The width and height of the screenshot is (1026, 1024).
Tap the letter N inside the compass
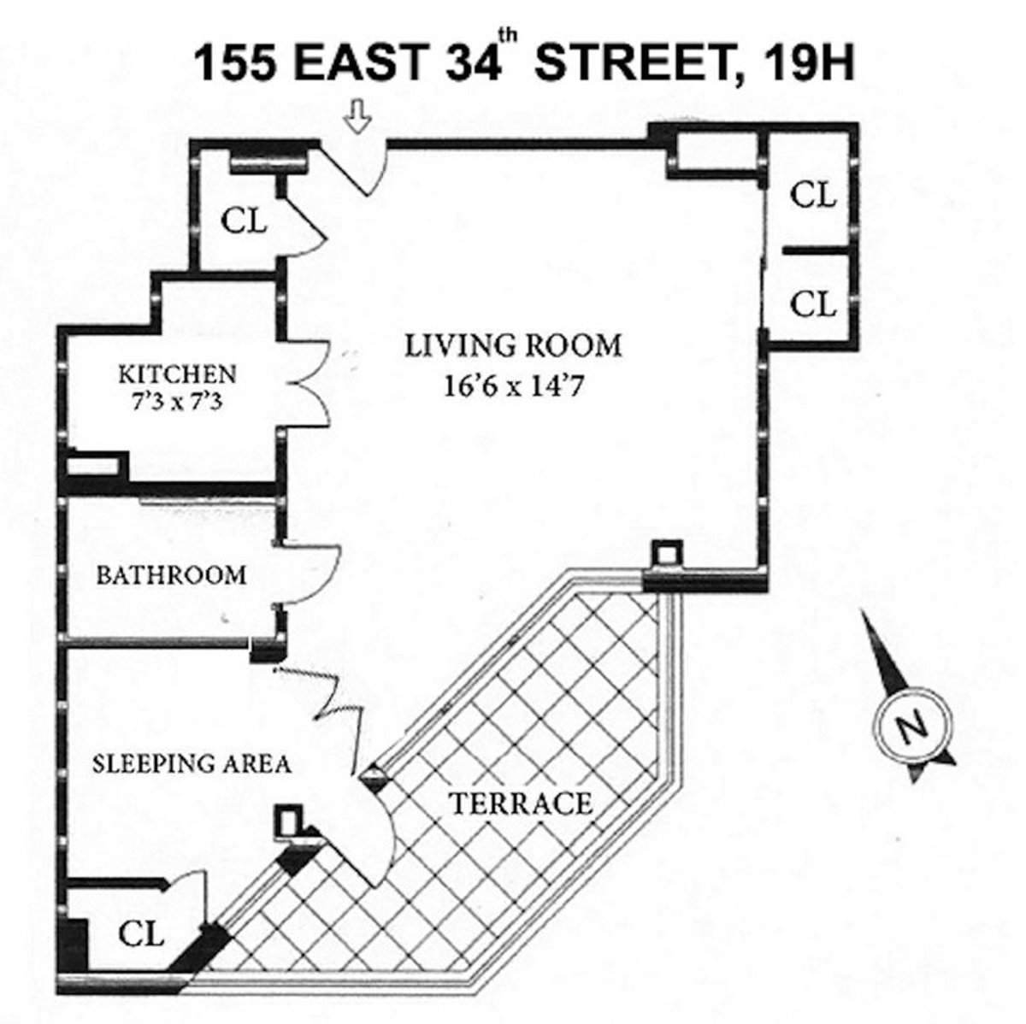911,727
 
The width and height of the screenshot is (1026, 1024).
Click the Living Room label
513,346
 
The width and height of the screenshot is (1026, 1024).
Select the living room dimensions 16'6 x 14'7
513,386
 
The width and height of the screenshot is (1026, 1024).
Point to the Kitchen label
176,374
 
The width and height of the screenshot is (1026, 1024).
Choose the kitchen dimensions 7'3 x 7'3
176,401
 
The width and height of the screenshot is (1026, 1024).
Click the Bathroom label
171,575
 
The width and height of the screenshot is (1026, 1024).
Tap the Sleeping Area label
192,763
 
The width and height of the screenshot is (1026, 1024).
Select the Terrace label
521,803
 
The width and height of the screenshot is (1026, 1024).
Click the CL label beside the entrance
245,221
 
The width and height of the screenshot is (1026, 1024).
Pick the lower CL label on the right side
812,303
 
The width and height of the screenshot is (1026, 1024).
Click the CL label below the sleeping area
141,933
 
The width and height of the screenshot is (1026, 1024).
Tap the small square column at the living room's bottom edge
666,554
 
